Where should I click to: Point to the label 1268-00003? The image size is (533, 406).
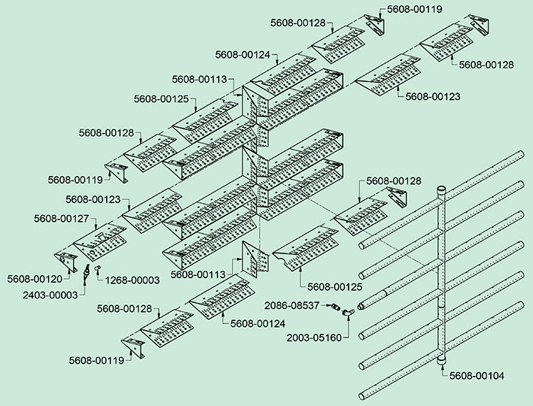(132, 280)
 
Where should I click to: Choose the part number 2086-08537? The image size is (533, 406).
(294, 305)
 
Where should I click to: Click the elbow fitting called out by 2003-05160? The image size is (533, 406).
(347, 311)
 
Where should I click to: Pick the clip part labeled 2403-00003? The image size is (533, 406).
(87, 271)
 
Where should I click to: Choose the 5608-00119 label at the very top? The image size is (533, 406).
(415, 10)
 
